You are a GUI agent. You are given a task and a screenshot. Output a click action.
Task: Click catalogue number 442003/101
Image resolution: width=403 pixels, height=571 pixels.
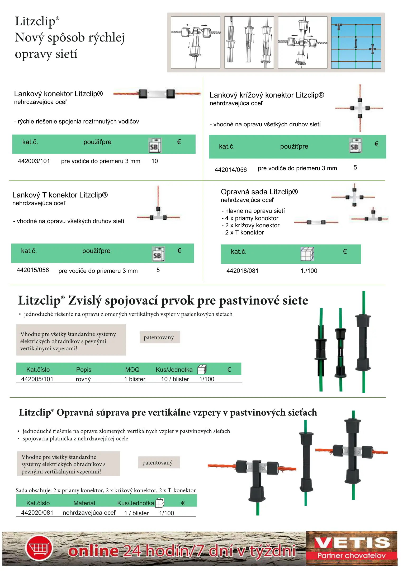(34, 161)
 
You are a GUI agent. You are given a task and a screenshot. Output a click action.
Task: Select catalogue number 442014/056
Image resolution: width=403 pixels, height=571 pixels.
(230, 170)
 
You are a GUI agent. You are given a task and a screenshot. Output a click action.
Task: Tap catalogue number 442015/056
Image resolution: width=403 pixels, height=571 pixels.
(33, 270)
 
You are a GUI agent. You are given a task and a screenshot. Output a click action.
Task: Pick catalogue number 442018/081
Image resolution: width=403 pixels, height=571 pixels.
(242, 271)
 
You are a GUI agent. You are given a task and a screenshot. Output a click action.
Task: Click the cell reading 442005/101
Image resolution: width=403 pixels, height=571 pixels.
(37, 379)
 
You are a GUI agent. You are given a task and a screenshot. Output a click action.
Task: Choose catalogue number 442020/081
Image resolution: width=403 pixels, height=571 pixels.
(37, 513)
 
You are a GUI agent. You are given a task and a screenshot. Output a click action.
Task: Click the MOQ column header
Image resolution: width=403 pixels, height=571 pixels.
(132, 370)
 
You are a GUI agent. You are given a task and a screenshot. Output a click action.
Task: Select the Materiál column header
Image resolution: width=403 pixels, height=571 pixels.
(84, 503)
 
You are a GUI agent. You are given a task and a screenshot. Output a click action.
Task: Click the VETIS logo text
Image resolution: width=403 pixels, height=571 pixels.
(352, 543)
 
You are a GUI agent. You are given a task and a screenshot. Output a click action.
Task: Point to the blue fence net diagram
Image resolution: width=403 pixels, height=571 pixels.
(356, 43)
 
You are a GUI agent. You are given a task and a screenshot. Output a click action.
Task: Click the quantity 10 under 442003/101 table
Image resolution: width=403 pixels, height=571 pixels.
(155, 161)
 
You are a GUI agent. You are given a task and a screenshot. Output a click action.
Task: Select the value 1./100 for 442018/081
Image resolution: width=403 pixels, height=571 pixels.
(309, 271)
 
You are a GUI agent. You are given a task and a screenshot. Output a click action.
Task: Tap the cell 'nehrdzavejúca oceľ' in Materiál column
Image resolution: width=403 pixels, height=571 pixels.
(89, 513)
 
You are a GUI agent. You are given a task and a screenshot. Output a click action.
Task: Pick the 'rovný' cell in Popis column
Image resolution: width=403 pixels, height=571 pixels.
(83, 379)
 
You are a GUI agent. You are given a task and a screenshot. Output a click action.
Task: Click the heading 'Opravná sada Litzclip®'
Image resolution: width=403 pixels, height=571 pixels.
(259, 192)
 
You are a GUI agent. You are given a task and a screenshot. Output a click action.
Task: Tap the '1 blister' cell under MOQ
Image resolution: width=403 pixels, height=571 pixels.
(135, 379)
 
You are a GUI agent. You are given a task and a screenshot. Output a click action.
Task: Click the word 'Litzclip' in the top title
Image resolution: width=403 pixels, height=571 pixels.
(35, 21)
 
